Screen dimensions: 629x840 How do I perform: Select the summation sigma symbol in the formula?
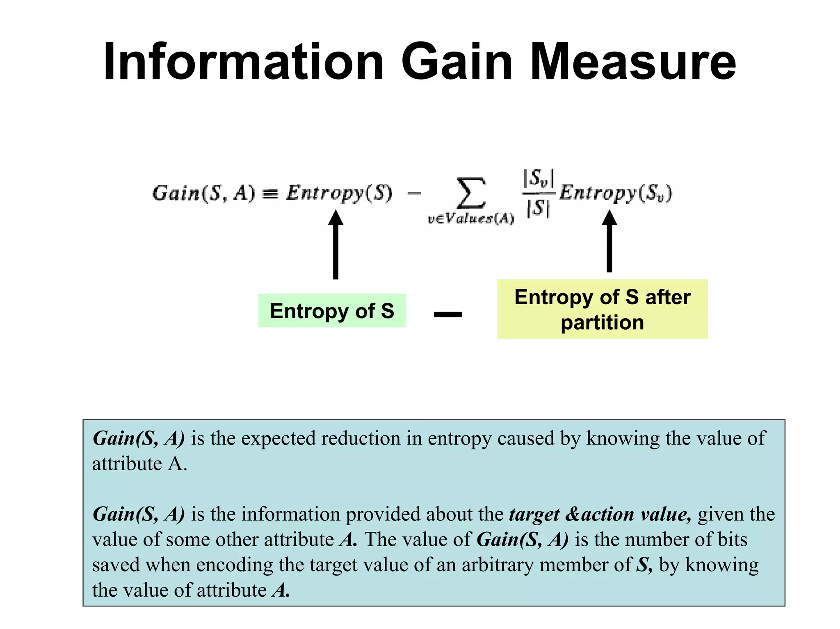point(471,193)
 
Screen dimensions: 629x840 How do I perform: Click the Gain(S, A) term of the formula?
point(203,193)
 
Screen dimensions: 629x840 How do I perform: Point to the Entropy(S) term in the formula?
point(339,193)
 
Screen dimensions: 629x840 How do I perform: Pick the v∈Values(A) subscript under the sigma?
point(470,219)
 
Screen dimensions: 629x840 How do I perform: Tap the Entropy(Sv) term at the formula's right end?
point(616,193)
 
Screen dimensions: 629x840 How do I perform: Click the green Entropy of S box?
point(332,310)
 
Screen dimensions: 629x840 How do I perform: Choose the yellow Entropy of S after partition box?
point(602,309)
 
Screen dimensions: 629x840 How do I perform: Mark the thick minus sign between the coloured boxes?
point(448,314)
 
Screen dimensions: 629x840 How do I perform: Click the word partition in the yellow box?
point(602,322)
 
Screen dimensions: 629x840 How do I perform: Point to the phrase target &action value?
point(600,514)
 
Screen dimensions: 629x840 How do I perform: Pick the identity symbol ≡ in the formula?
point(270,194)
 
